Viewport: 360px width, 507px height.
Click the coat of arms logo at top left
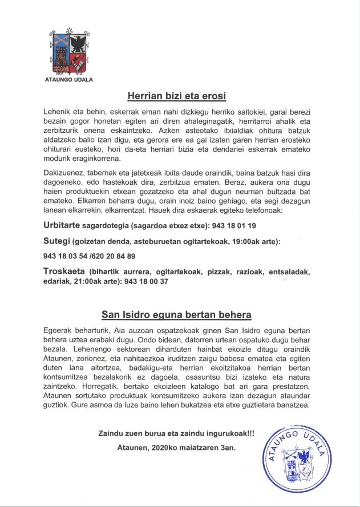point(69,53)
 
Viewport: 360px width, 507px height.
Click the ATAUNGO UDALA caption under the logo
point(69,79)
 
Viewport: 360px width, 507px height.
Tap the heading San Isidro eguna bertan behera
point(176,314)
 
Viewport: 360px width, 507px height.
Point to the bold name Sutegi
point(55,241)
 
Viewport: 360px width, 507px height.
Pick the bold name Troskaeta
point(64,272)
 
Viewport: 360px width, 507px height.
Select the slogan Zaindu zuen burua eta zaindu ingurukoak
point(176,433)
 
